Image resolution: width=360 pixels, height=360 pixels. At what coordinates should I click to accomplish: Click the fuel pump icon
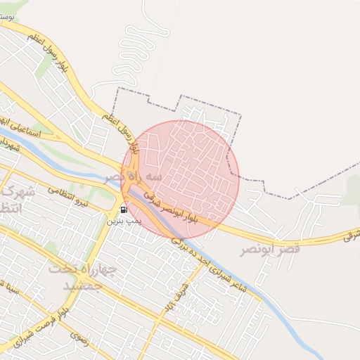(124, 210)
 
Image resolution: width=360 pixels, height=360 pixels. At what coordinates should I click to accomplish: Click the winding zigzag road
(138, 49)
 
